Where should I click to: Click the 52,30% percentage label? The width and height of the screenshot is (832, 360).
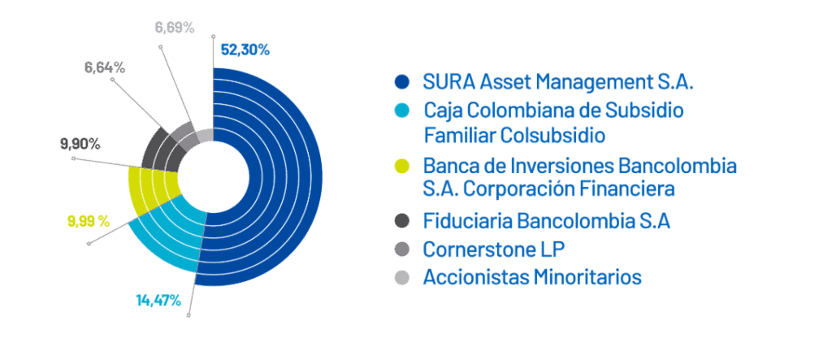(245, 50)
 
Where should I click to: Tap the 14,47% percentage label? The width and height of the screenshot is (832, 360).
(158, 301)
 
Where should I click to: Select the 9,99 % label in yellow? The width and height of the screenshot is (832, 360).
(89, 221)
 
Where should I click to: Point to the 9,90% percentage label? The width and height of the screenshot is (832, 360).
(80, 144)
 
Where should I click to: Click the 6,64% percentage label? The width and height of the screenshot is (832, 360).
(105, 67)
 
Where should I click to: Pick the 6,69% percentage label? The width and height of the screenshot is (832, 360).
(175, 27)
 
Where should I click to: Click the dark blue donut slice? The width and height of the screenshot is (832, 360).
(276, 176)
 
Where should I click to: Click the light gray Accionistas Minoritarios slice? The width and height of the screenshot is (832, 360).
(205, 136)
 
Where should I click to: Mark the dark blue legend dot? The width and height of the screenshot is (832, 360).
(403, 82)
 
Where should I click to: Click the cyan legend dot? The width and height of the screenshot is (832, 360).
(403, 111)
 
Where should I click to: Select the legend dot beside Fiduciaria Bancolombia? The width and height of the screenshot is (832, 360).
(403, 221)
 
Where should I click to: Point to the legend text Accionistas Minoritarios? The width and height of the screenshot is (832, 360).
(532, 277)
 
